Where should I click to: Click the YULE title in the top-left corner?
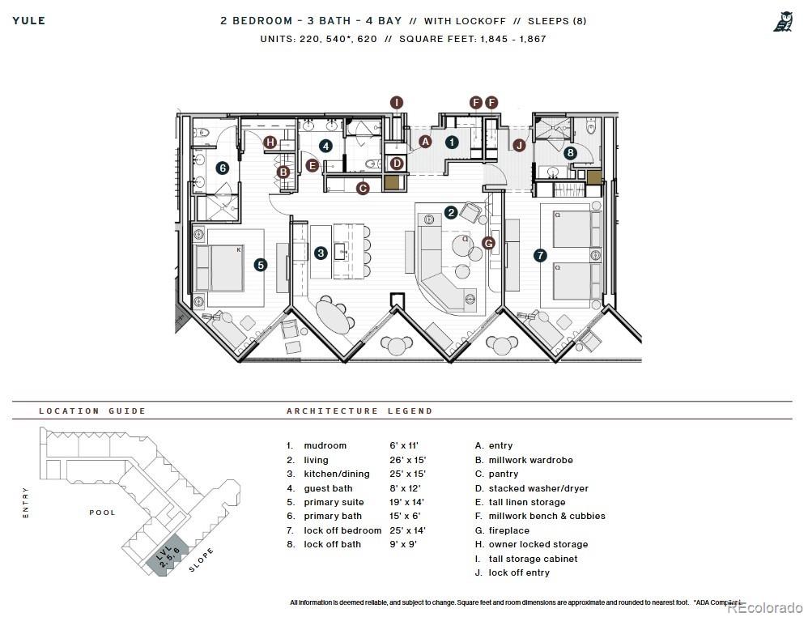click(29, 20)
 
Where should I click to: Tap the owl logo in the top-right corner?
click(782, 22)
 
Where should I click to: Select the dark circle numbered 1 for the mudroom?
click(452, 142)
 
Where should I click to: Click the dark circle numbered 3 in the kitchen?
click(321, 253)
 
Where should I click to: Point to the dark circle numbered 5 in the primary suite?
click(260, 264)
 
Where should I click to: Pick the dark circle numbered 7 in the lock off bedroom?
click(540, 254)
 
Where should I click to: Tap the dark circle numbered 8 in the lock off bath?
click(571, 152)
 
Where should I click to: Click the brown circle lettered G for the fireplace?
click(488, 242)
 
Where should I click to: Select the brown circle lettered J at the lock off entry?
click(519, 146)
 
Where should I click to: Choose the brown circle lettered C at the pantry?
click(363, 188)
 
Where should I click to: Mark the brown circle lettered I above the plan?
click(397, 102)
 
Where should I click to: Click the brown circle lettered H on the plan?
click(270, 143)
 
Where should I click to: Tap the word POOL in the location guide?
click(102, 513)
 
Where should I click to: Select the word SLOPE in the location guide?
click(202, 560)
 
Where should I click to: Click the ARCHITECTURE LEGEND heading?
click(359, 411)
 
